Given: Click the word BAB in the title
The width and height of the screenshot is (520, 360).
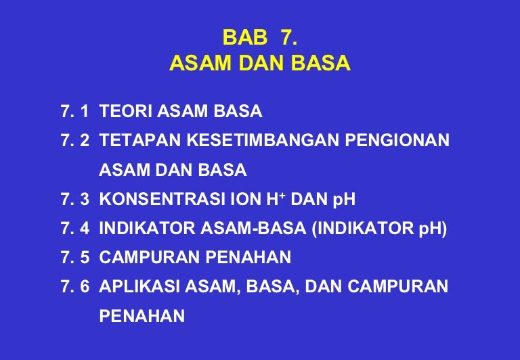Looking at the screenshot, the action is click(x=244, y=37).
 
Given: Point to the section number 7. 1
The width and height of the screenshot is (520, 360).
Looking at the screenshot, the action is click(x=75, y=111).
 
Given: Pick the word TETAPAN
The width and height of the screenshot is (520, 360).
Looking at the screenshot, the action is click(x=140, y=140).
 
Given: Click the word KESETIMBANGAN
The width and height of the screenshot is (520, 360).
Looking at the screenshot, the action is click(x=263, y=140).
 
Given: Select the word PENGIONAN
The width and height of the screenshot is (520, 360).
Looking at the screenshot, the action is click(x=397, y=140).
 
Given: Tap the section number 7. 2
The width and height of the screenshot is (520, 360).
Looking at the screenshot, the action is click(x=75, y=140).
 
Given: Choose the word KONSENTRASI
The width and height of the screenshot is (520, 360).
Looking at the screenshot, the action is click(x=162, y=199).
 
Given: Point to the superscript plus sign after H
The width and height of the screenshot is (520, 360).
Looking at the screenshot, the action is click(x=282, y=196).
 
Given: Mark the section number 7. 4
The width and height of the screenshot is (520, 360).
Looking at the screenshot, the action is click(x=75, y=228).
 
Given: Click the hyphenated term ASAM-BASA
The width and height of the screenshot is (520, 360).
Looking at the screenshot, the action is click(x=253, y=228).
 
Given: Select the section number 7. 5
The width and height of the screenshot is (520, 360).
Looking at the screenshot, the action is click(x=75, y=257).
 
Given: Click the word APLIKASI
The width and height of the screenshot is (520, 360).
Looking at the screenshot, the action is click(x=139, y=286).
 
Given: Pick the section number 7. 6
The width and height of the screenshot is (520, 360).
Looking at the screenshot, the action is click(x=75, y=286).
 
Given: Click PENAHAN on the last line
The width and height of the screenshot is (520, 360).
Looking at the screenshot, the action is click(x=142, y=315).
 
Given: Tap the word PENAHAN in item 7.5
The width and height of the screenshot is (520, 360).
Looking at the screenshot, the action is click(x=248, y=257).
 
